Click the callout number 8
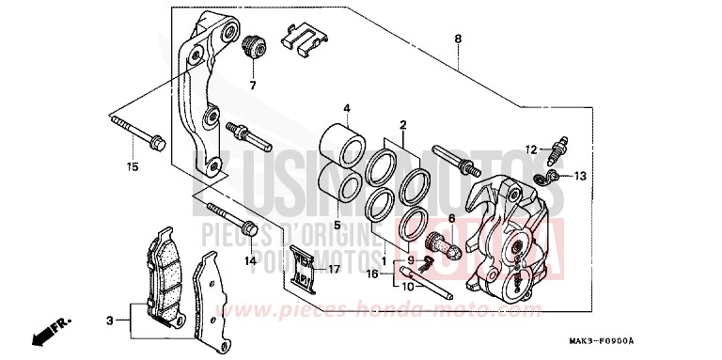[x=458, y=39]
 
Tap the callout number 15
[x=132, y=168]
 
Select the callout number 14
[x=251, y=260]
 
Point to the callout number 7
[x=252, y=86]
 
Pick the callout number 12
[x=531, y=149]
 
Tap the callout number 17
[x=332, y=270]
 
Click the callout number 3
[x=109, y=321]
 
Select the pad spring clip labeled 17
[x=303, y=268]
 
